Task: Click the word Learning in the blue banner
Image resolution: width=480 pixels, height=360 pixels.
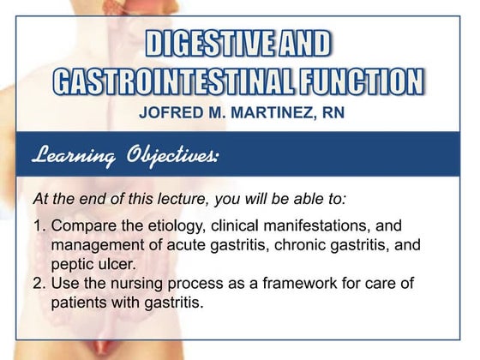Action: point(74,155)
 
